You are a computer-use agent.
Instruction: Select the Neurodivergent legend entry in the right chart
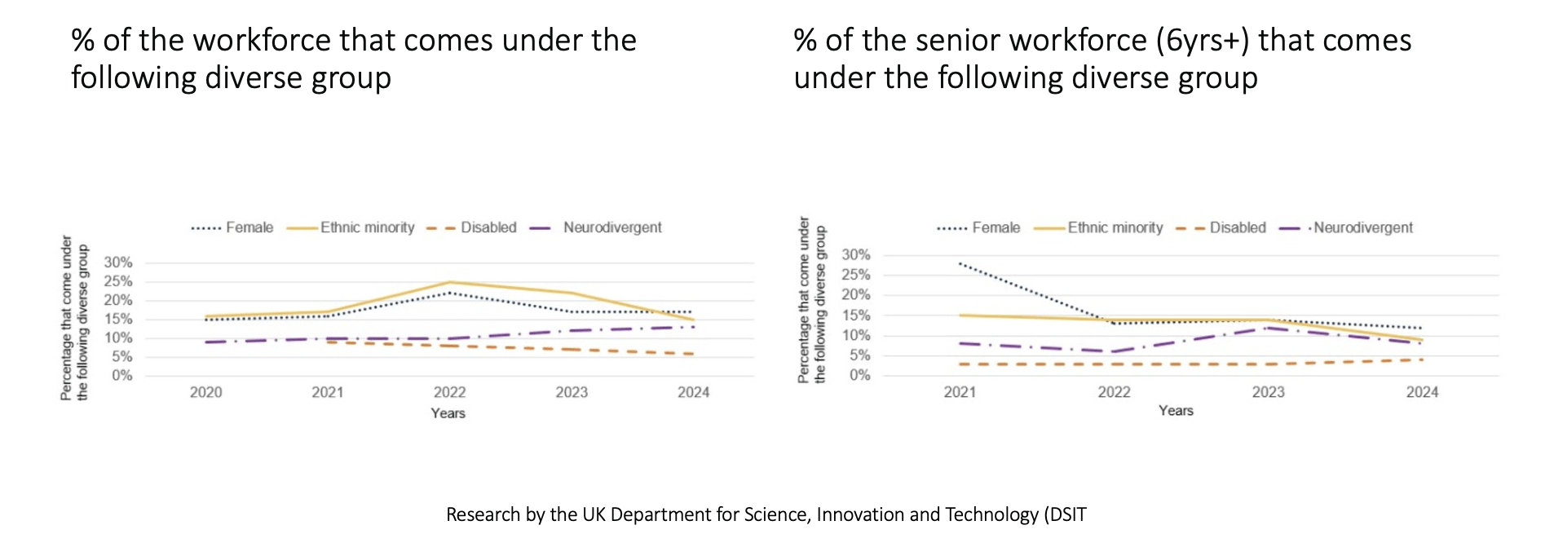click(1362, 227)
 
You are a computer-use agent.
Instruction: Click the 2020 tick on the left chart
click(206, 392)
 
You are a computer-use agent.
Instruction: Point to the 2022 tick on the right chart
click(1114, 392)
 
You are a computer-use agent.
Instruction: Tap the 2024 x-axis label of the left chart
click(693, 392)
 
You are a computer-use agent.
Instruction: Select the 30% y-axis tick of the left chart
click(117, 263)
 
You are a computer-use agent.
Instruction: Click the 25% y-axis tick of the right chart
click(855, 275)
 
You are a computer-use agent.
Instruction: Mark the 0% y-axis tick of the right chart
click(859, 376)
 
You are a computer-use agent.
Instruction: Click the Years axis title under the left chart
click(448, 413)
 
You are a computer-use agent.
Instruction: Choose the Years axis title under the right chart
click(1176, 411)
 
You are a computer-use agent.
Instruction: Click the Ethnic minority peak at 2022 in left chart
click(449, 283)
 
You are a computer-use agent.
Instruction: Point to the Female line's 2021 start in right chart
click(960, 263)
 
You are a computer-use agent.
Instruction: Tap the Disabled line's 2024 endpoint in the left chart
click(693, 354)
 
